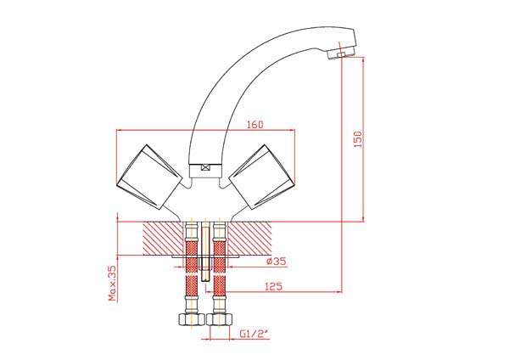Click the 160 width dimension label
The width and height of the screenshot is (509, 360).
pos(255,125)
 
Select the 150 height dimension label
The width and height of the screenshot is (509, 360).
pos(357,139)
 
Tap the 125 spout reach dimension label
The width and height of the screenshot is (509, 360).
pos(274,287)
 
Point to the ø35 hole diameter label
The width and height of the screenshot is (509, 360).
pos(277,262)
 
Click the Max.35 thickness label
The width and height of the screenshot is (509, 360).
pos(112,283)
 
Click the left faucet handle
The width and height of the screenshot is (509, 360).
pos(149,177)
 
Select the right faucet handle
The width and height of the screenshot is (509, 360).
pos(262,177)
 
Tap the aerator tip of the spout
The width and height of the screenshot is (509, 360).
pos(341,53)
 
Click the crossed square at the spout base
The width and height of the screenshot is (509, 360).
pos(205,167)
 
